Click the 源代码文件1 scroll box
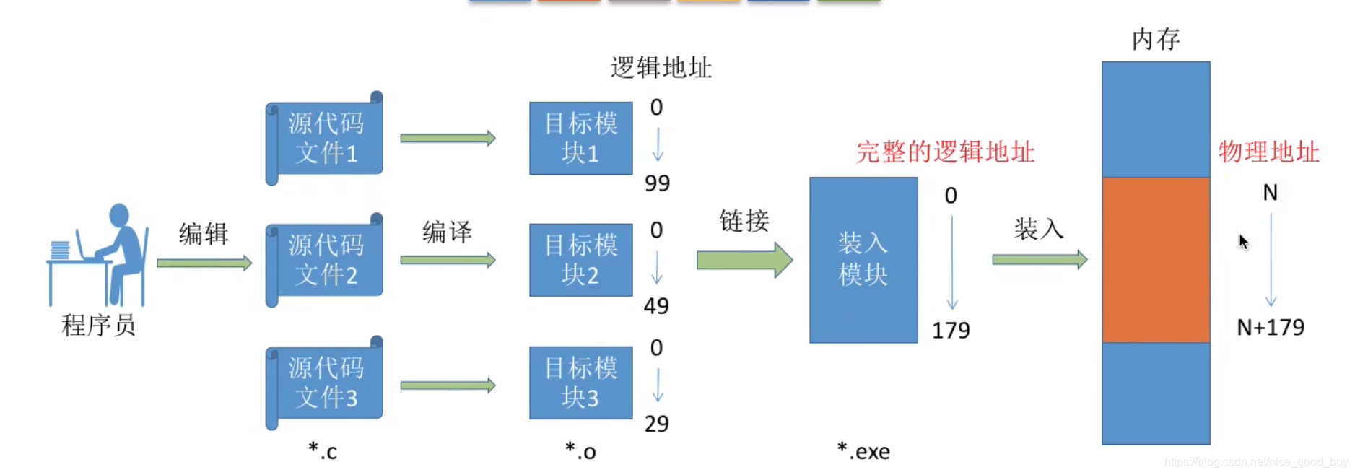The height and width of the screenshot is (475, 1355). [325, 138]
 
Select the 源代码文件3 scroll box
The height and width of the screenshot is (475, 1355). [325, 383]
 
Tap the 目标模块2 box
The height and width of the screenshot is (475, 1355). [580, 260]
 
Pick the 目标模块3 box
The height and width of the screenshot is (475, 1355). [580, 383]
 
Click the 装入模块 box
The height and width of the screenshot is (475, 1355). [863, 260]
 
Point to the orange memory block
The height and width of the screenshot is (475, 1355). [1156, 260]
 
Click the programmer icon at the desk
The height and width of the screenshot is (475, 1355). [101, 256]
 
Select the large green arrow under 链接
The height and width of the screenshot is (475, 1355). [744, 260]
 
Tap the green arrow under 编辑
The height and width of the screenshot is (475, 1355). [204, 263]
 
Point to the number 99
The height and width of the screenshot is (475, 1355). [657, 183]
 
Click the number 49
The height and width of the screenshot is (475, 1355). [656, 306]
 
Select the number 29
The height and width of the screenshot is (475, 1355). [656, 424]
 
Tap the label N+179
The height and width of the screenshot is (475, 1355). [1271, 328]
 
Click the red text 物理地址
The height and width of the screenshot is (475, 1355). [1268, 152]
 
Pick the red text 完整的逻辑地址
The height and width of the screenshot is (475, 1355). [945, 152]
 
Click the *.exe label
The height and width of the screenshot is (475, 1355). [863, 451]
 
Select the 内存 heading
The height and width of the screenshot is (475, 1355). [1156, 39]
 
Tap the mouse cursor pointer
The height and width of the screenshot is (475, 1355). [1243, 241]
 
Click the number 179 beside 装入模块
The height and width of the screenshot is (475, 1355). [951, 331]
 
